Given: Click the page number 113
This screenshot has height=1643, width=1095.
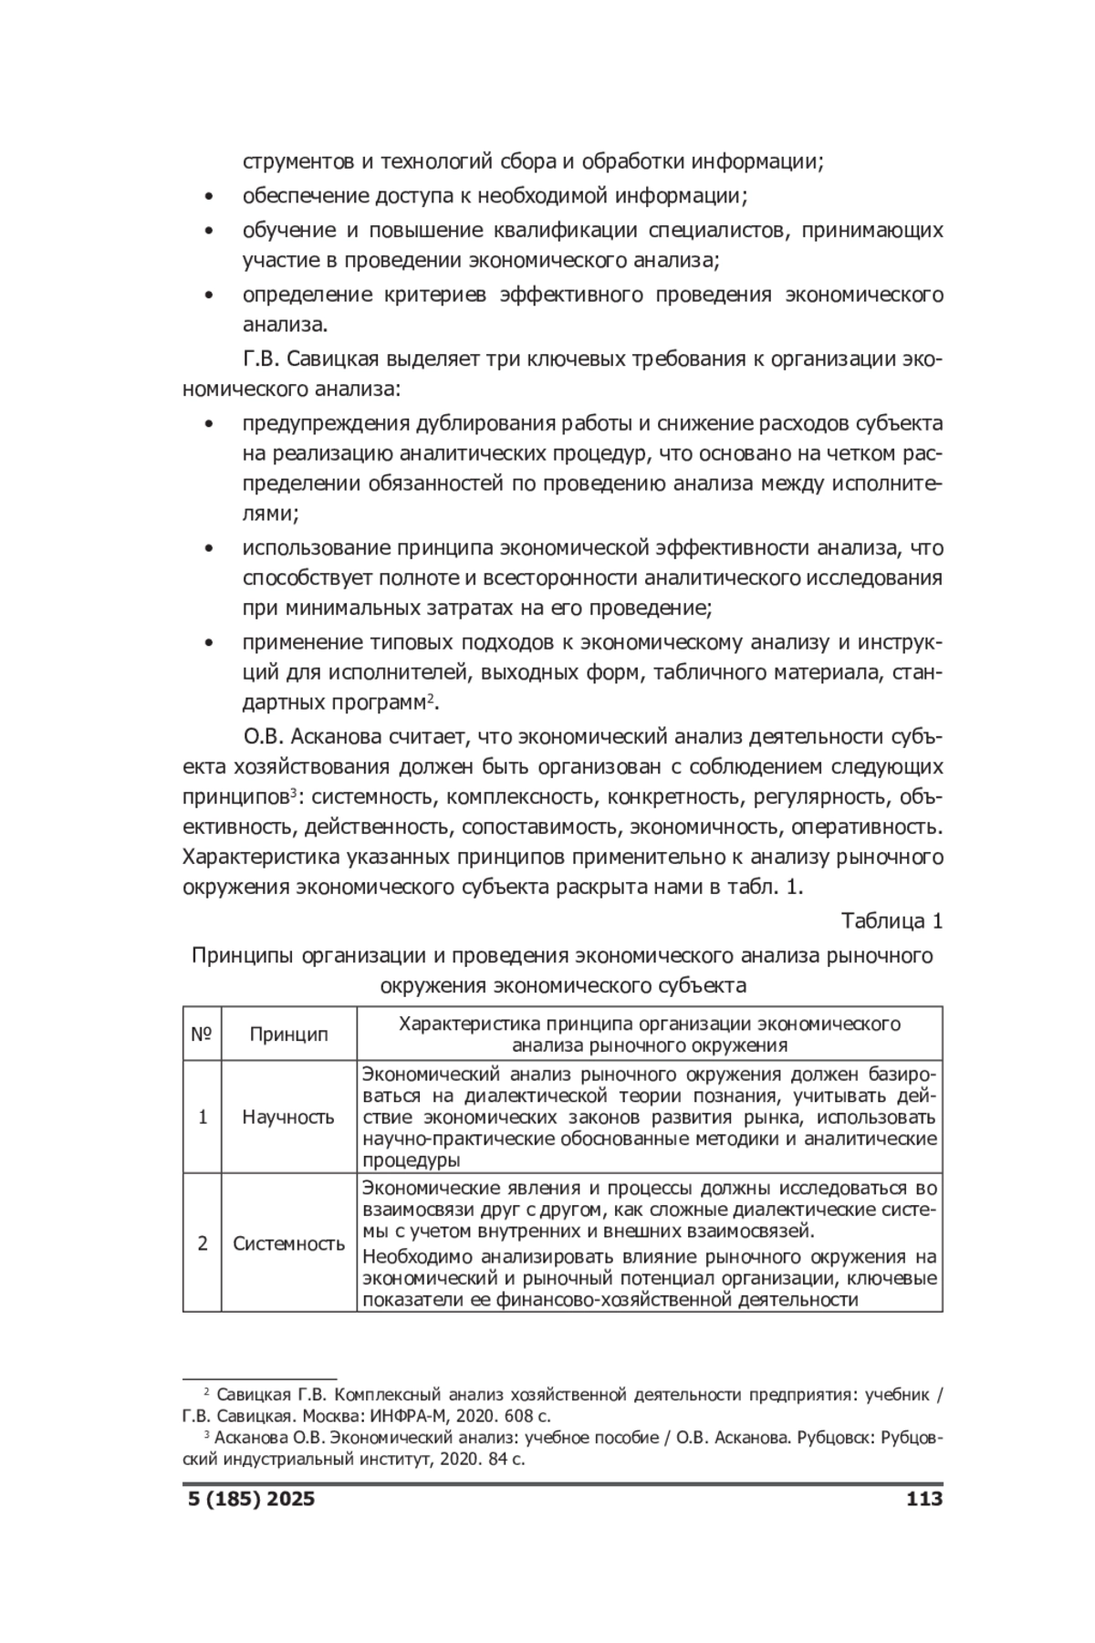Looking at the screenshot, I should [923, 1524].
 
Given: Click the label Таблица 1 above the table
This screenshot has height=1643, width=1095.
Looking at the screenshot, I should [892, 921].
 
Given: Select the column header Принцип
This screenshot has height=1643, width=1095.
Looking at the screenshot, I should [288, 1035].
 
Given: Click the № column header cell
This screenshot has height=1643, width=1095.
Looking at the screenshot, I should [202, 1035].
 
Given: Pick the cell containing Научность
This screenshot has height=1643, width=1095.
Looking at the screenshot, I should [288, 1117].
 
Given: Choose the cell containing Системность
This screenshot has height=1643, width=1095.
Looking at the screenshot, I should [288, 1243].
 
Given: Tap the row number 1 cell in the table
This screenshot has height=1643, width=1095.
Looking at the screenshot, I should [202, 1117].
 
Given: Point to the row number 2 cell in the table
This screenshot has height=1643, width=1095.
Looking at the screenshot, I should [202, 1243].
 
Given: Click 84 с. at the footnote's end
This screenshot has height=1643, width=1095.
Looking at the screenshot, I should [505, 1460].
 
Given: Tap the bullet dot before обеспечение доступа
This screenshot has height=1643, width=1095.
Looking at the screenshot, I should [210, 197].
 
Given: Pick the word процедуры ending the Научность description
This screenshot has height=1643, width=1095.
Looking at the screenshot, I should [411, 1160].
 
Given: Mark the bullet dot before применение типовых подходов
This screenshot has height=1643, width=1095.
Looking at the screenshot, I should [210, 643].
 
